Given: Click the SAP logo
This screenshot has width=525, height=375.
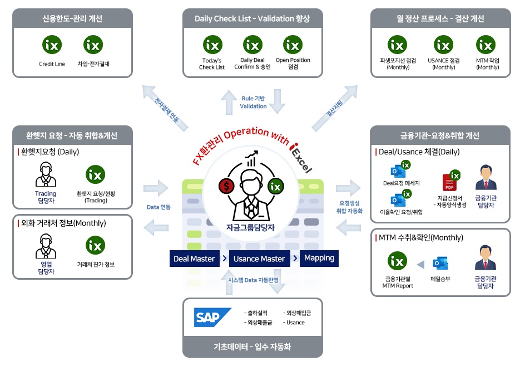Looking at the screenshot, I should pyautogui.click(x=212, y=317).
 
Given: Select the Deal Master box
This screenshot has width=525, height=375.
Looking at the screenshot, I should pyautogui.click(x=194, y=259).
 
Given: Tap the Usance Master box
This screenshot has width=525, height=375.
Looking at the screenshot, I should pyautogui.click(x=259, y=259).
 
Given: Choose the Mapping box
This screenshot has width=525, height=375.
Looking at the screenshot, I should pyautogui.click(x=319, y=258).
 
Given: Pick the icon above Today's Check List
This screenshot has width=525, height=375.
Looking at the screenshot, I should pyautogui.click(x=212, y=44).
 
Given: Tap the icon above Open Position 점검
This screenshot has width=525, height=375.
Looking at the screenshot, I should pyautogui.click(x=293, y=44).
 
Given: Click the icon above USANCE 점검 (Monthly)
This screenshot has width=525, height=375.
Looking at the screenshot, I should pyautogui.click(x=443, y=44).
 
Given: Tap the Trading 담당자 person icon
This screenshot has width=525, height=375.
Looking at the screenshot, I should pyautogui.click(x=46, y=175).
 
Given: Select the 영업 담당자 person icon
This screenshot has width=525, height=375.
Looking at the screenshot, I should pyautogui.click(x=46, y=246).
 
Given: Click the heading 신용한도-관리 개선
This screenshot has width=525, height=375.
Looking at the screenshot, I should pyautogui.click(x=72, y=19).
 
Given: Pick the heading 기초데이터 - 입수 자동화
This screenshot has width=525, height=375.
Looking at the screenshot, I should pyautogui.click(x=252, y=347).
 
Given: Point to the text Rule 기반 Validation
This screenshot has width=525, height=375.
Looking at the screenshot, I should pyautogui.click(x=253, y=103).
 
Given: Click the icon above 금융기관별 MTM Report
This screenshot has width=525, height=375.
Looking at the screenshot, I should pyautogui.click(x=397, y=261).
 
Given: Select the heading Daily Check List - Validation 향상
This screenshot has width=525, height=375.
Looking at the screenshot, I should pyautogui.click(x=252, y=19).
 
